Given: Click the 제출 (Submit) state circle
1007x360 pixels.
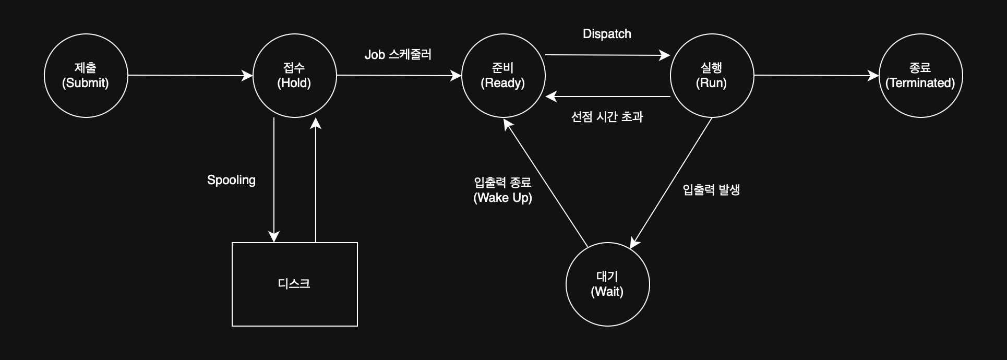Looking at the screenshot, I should (86, 76).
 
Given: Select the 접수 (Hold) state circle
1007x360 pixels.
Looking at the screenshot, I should (294, 76).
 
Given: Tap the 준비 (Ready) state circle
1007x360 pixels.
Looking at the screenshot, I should (503, 76).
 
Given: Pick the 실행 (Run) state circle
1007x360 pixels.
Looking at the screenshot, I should (712, 76).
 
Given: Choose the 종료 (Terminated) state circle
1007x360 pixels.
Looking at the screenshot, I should (920, 76).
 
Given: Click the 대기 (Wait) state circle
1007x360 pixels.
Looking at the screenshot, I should (607, 284).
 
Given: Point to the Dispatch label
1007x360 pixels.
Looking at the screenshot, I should (607, 34).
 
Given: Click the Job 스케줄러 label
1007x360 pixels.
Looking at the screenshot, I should (398, 55).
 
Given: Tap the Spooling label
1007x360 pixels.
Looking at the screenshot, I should (231, 180).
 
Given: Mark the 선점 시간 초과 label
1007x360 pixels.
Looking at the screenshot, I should (607, 117).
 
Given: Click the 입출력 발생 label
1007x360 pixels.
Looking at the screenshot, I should (711, 190).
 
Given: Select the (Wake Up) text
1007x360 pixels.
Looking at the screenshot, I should (502, 198).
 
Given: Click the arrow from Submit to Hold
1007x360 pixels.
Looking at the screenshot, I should (190, 76).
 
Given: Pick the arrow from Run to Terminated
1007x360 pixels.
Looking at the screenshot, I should (816, 76).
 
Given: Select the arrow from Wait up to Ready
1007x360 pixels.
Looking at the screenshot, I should (546, 183).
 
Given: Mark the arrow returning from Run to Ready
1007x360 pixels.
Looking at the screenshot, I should (608, 97).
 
